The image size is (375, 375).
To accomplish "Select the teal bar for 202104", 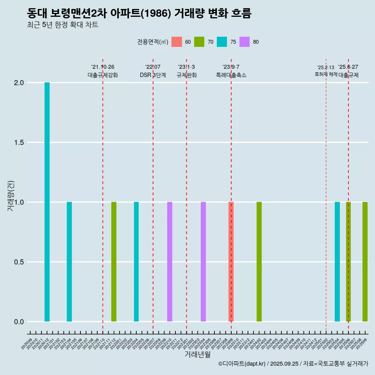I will (69, 262).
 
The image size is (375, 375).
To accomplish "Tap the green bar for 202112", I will (114, 262).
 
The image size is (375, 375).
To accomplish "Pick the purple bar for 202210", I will (170, 262).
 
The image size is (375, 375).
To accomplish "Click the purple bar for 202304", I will (203, 262).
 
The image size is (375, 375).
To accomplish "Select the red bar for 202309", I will (231, 262).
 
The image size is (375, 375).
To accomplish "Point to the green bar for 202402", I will (259, 262).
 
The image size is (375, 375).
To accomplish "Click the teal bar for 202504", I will (337, 262).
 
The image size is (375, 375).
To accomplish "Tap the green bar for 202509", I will (365, 262).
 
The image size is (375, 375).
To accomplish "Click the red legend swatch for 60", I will (177, 42).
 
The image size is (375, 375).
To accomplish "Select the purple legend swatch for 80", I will (245, 42).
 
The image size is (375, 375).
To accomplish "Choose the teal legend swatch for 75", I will (222, 42).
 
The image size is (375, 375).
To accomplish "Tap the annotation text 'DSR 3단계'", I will (153, 75).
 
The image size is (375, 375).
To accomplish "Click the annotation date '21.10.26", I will (103, 67).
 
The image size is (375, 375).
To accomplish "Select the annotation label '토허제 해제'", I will (326, 74).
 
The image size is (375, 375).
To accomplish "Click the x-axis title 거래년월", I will (197, 354).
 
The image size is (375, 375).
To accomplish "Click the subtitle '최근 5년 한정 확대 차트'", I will (62, 25).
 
